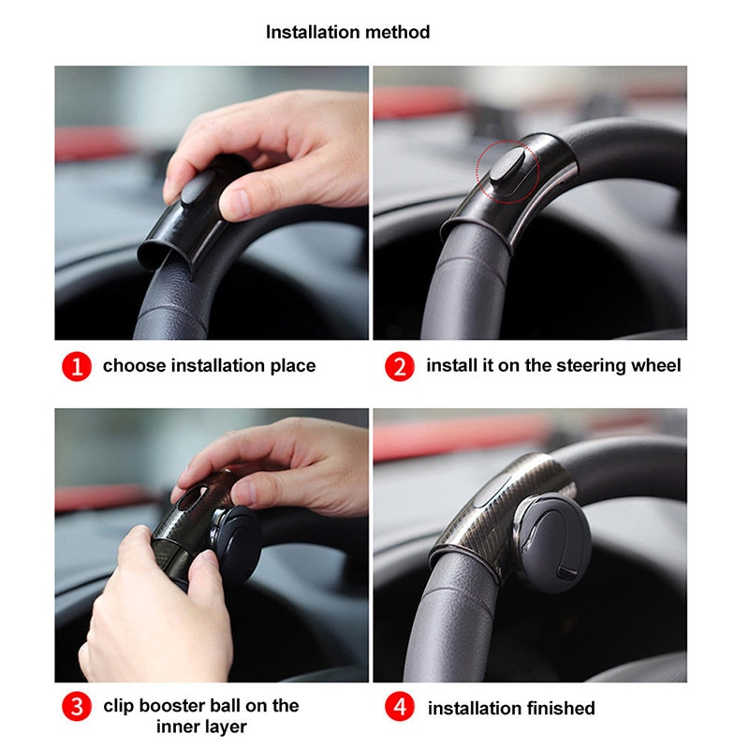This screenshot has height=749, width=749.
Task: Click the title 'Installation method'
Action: pyautogui.click(x=347, y=32)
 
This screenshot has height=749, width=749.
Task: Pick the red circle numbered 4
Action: pyautogui.click(x=399, y=708)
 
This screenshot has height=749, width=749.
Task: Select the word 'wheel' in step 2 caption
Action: pyautogui.click(x=656, y=366)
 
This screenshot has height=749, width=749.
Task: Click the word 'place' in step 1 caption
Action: pyautogui.click(x=293, y=366)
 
